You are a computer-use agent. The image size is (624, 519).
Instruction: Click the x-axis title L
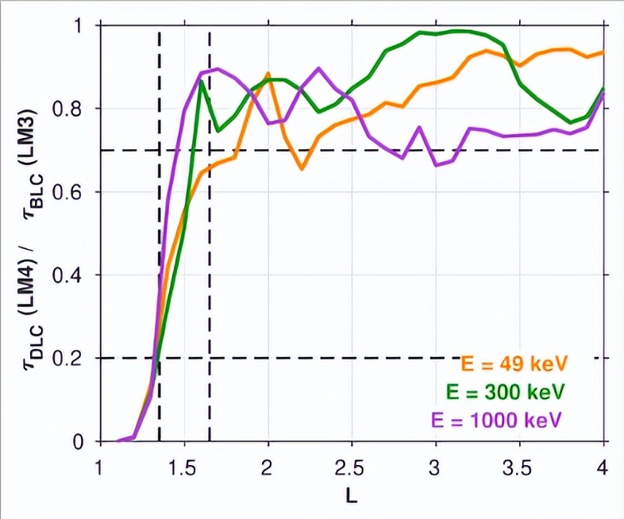coord(351,496)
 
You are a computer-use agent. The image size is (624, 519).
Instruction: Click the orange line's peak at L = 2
coord(268,74)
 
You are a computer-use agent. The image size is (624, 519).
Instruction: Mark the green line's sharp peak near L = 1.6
coord(202,81)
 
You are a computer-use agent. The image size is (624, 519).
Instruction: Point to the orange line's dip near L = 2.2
coord(301,168)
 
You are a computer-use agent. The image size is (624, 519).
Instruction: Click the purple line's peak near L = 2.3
coord(318,68)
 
